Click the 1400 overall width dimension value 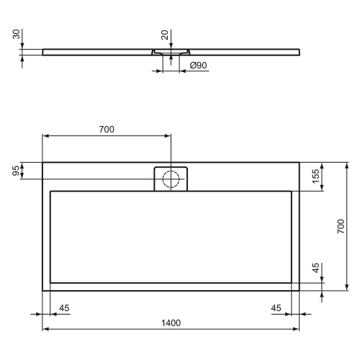171,322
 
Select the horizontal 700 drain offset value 107,130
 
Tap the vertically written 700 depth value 341,226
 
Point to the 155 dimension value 315,177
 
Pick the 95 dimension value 15,171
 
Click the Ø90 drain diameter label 198,66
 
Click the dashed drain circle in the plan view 171,179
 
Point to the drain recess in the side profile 171,53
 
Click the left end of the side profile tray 44,51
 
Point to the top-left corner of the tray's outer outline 43,162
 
